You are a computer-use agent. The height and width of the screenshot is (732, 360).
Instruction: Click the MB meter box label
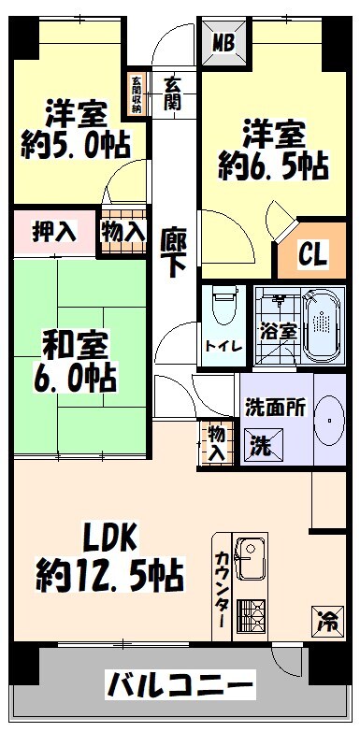(x=223, y=42)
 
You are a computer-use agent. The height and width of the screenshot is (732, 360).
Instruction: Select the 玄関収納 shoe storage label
(x=137, y=94)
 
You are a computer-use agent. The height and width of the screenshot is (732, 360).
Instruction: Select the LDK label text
(x=110, y=538)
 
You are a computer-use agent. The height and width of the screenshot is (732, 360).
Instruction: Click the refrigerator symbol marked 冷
(x=324, y=618)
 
